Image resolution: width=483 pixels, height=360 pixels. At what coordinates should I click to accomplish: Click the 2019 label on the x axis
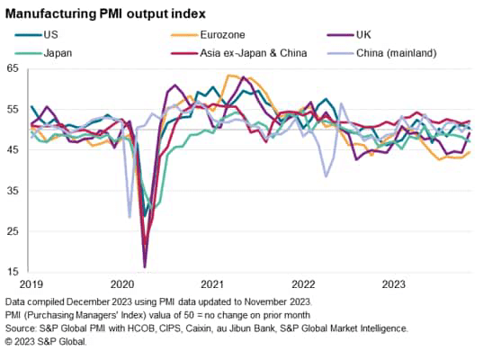[33, 284]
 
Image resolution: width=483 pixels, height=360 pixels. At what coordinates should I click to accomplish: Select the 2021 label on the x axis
[212, 284]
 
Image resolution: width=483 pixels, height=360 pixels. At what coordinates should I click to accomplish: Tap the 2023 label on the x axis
[392, 284]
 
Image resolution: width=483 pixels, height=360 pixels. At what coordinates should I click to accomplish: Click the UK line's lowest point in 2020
[145, 266]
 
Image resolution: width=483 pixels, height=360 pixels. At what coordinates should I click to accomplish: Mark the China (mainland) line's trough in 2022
[326, 176]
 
